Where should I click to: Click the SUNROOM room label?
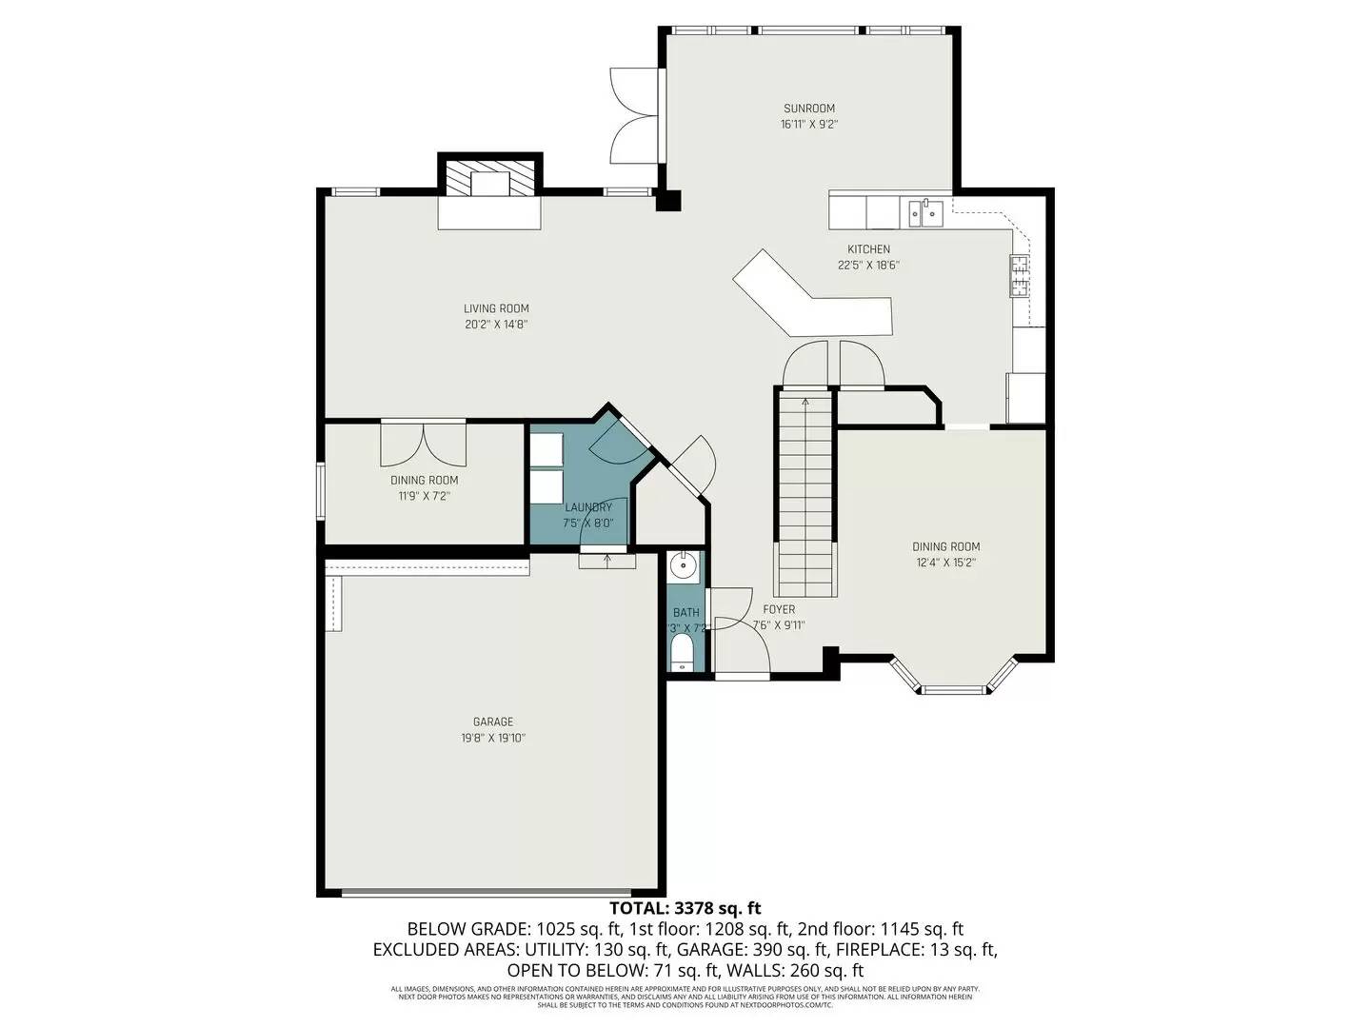tap(808, 109)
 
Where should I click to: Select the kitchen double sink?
tap(924, 211)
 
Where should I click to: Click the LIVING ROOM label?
tap(496, 308)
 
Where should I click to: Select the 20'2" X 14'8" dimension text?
tap(496, 325)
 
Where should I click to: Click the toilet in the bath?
tap(682, 653)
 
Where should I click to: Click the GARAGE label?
tap(492, 722)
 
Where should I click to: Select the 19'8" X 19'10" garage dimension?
tap(492, 739)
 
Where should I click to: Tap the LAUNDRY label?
tap(587, 507)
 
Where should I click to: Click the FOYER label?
tap(779, 609)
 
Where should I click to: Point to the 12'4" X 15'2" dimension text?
tap(945, 563)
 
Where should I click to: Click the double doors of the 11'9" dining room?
tap(424, 440)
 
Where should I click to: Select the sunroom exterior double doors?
tap(634, 116)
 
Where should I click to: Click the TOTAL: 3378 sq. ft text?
tap(685, 909)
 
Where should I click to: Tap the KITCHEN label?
tap(868, 249)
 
